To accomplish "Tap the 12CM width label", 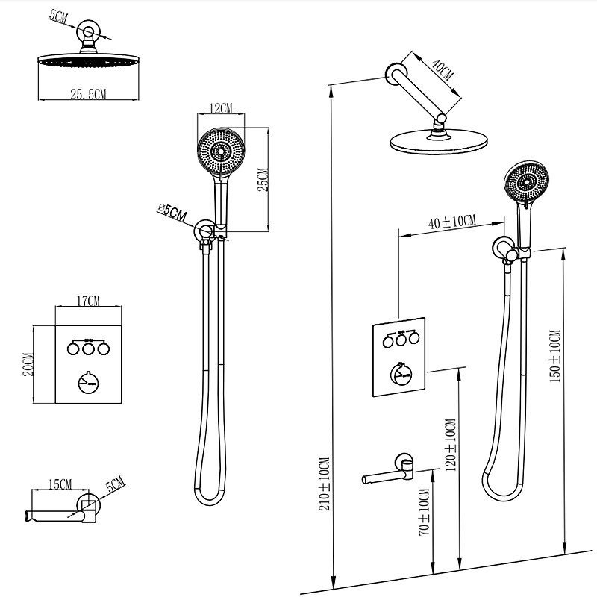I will click(x=221, y=109).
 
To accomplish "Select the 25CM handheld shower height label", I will click(x=262, y=180).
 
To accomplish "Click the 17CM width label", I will click(x=88, y=301).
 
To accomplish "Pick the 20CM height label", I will click(x=29, y=365).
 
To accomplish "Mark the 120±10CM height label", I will click(x=450, y=447).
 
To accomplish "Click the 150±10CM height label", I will click(x=554, y=356).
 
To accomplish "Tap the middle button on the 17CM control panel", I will click(x=88, y=347).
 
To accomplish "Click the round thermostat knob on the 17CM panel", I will click(x=88, y=382).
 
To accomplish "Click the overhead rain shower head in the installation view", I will click(x=437, y=142).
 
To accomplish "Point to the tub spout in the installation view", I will click(x=388, y=474).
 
